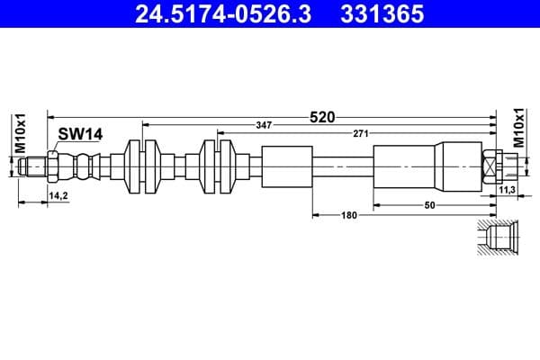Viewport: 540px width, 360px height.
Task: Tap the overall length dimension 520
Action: pyautogui.click(x=322, y=116)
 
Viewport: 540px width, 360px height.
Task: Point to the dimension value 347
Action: pyautogui.click(x=263, y=125)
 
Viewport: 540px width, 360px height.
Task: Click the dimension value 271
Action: pyautogui.click(x=360, y=133)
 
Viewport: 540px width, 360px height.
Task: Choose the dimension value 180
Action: pyautogui.click(x=348, y=215)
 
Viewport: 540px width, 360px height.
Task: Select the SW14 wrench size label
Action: pyautogui.click(x=80, y=134)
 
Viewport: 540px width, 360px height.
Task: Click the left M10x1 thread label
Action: pyautogui.click(x=19, y=134)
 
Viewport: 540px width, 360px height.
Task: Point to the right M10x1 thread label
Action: pyautogui.click(x=518, y=127)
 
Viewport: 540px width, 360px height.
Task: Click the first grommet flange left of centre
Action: pyautogui.click(x=143, y=167)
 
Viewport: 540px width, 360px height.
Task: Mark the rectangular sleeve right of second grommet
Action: pyautogui.click(x=287, y=167)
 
